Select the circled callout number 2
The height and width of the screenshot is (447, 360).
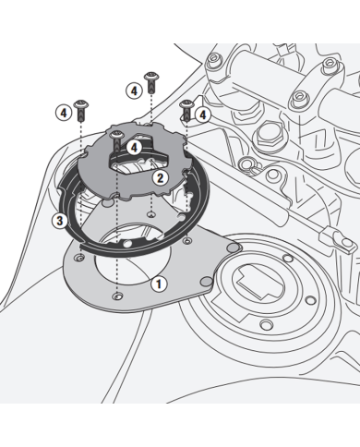click(x=160, y=176)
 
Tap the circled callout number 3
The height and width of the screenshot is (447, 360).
click(x=59, y=220)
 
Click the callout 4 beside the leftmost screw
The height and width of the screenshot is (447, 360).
click(x=63, y=111)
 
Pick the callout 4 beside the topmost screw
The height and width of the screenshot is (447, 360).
click(x=133, y=91)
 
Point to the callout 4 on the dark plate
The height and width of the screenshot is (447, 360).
click(x=133, y=146)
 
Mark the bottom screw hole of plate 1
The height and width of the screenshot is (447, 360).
click(x=116, y=295)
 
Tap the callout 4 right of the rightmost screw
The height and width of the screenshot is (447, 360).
click(x=202, y=114)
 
